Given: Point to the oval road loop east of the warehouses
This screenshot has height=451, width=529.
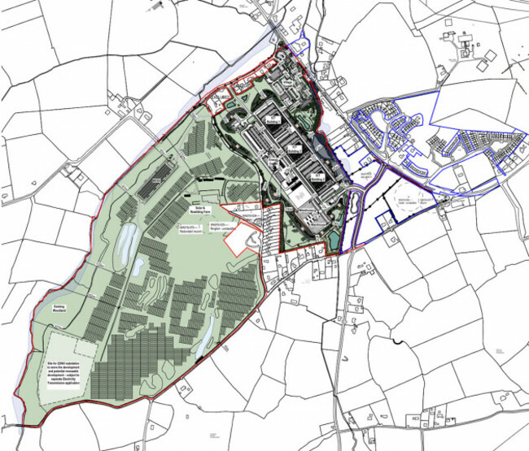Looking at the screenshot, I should [x=354, y=215].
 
